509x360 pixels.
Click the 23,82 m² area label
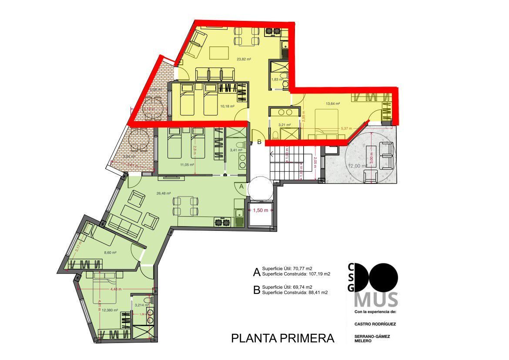(244, 59)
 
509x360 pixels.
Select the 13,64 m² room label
(333, 104)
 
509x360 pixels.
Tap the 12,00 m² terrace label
(355, 166)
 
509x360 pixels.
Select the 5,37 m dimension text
(347, 129)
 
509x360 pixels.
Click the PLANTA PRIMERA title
(282, 338)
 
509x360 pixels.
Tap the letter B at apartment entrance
(259, 142)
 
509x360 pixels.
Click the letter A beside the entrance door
(242, 186)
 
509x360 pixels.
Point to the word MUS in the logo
(376, 300)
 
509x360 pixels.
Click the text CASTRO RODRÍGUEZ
(375, 324)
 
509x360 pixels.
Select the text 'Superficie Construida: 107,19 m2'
(296, 274)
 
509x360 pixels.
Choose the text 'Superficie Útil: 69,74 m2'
(287, 287)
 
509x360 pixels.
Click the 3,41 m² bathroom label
(236, 150)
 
